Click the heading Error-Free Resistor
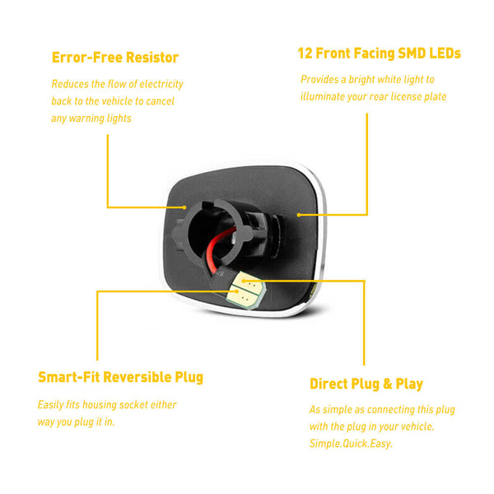click(114, 58)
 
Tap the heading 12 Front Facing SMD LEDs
click(379, 54)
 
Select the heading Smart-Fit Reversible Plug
click(120, 378)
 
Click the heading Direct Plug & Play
click(366, 384)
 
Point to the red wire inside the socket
click(216, 247)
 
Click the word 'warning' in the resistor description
click(87, 118)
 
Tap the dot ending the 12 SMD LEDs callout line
click(299, 214)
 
